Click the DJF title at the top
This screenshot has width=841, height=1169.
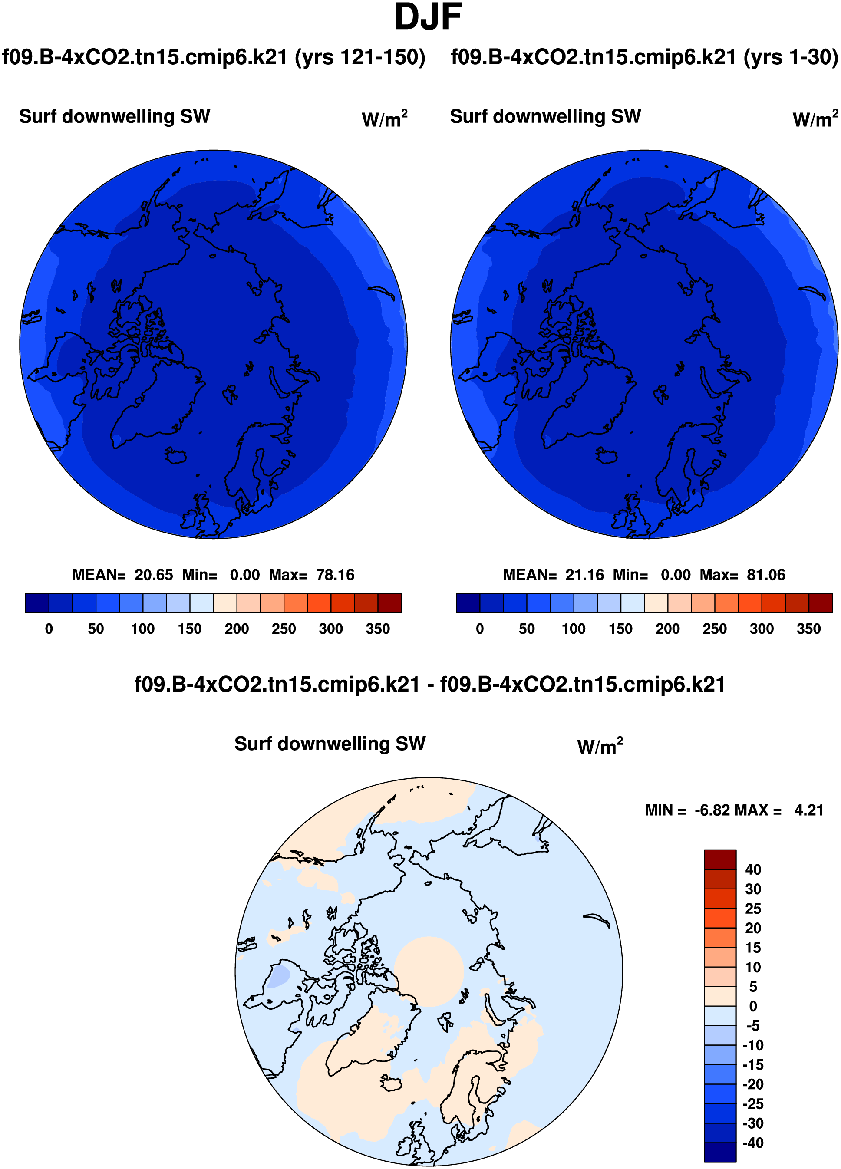428,17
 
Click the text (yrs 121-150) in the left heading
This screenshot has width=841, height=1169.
359,57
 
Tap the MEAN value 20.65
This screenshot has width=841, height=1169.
154,575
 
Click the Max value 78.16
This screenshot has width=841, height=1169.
335,575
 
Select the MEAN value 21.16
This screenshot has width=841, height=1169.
584,575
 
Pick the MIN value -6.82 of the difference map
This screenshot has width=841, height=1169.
712,810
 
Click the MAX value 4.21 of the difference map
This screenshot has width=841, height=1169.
808,810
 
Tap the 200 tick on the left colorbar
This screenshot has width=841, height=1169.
237,629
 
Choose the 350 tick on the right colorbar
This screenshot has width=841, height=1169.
808,629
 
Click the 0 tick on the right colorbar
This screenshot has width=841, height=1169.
479,629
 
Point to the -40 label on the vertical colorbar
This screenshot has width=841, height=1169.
752,1143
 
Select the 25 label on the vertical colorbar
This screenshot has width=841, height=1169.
752,908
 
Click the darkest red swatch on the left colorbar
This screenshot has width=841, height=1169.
389,603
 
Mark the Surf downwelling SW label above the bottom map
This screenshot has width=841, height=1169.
330,744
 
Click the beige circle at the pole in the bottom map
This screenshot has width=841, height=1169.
429,971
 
